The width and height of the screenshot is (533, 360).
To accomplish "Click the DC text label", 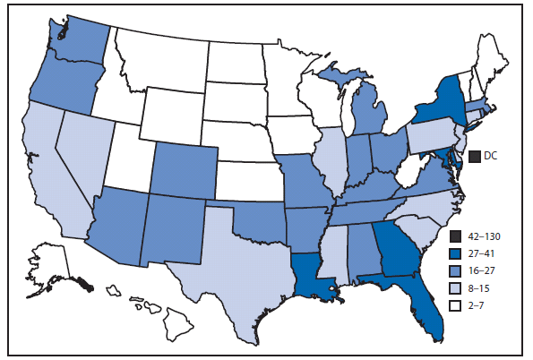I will pyautogui.click(x=491, y=155).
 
